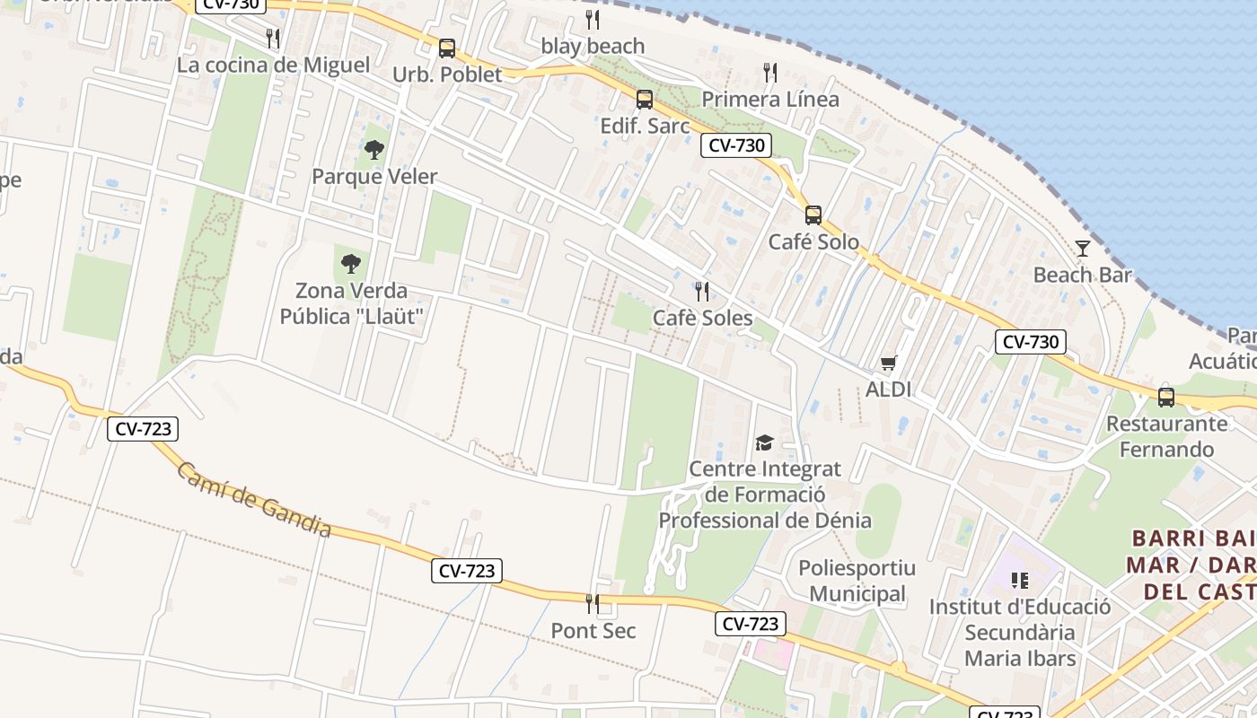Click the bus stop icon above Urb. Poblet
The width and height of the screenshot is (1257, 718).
point(447,48)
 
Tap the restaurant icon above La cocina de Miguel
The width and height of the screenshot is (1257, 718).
point(273,39)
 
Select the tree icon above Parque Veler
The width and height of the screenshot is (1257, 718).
point(374,150)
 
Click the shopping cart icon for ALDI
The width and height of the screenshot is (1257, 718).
point(888,363)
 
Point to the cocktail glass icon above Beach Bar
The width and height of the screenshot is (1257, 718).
point(1083,249)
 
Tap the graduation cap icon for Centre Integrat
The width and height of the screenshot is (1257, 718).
point(764,442)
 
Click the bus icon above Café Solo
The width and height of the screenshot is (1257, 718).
point(813,215)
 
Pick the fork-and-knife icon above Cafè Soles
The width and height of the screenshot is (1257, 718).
point(702,292)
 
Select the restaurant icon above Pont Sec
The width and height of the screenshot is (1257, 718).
point(593,604)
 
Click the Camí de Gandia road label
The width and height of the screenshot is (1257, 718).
point(253,500)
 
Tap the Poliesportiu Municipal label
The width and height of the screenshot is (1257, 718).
point(857,581)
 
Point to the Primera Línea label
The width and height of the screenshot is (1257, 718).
point(770,99)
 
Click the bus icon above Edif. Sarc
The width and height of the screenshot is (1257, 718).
point(645,100)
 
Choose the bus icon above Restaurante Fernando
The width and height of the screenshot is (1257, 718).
point(1166,397)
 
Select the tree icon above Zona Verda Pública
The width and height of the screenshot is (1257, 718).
point(351,264)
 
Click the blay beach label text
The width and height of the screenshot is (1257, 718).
point(593,46)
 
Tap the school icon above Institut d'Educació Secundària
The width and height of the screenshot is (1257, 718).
point(1019,581)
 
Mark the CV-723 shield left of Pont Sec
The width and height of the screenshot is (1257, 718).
point(466,570)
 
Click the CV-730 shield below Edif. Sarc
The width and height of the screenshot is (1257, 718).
point(736,145)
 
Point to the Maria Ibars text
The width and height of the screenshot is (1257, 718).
point(1019,658)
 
